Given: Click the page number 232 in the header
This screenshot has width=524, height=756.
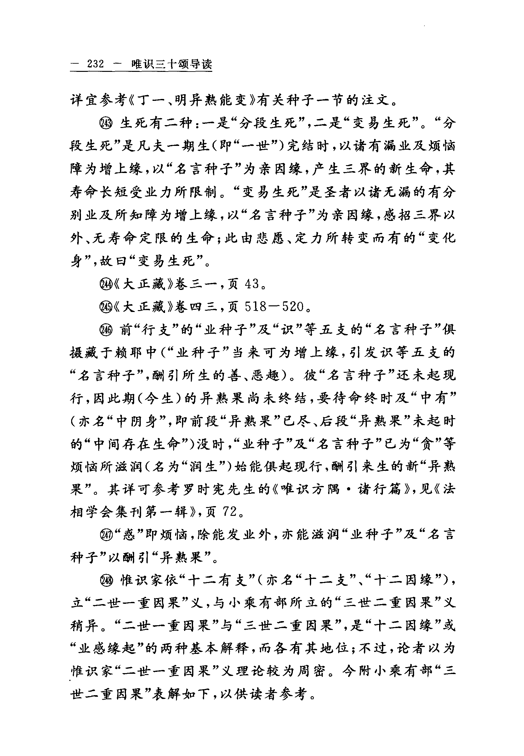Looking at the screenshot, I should [x=95, y=64].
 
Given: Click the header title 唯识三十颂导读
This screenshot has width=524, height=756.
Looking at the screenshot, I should [x=171, y=64].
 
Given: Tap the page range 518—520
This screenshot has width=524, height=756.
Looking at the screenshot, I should [x=274, y=307].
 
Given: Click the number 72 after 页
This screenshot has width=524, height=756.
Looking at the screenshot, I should [x=230, y=511].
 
